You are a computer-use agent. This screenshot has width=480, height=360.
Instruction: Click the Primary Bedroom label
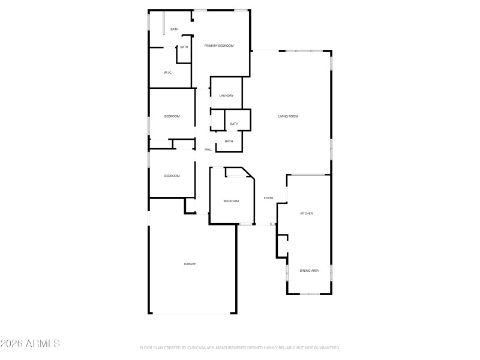(218, 46)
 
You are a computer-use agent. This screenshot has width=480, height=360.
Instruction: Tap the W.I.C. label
(169, 73)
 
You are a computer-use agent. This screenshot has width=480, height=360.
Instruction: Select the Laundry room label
(226, 96)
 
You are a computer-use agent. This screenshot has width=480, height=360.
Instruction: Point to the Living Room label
(288, 116)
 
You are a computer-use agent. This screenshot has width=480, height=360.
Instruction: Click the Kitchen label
(307, 214)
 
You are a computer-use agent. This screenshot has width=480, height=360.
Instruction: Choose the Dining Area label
(309, 271)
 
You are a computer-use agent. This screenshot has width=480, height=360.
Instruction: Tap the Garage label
(190, 264)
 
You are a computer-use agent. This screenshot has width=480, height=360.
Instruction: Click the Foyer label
(268, 198)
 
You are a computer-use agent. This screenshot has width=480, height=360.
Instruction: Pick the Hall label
(208, 149)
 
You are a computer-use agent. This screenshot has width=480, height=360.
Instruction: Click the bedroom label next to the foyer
(231, 201)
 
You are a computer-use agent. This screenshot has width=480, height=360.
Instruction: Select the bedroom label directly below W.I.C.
(172, 116)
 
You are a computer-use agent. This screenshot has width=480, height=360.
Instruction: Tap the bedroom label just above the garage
(172, 176)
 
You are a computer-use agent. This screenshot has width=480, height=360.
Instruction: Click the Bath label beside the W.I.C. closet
(184, 47)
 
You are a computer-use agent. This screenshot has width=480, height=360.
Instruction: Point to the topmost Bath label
(175, 29)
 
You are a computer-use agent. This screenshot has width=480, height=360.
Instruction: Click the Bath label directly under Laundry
(234, 124)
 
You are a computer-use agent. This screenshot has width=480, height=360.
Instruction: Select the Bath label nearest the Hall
(229, 142)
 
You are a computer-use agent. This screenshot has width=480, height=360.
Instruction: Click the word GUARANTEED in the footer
(326, 348)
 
